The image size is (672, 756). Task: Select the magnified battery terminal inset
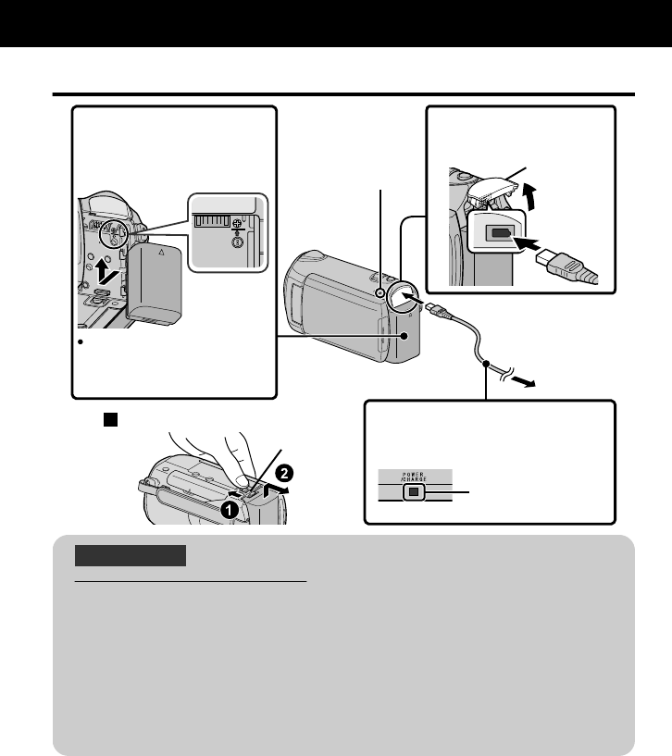pyautogui.click(x=228, y=231)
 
